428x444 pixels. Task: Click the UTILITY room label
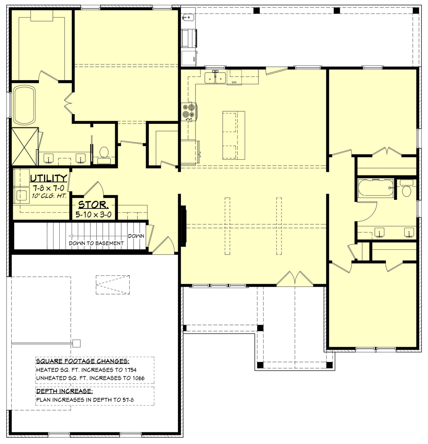[x=49, y=178]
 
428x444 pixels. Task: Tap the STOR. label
[x=93, y=205]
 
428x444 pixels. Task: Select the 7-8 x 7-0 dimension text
[x=49, y=188]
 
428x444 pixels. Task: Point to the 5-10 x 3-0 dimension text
[x=93, y=214]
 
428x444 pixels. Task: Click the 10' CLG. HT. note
[x=49, y=196]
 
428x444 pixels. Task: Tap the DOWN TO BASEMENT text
[x=96, y=243]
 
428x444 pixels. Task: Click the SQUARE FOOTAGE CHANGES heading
[x=83, y=361]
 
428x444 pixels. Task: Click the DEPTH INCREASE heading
[x=64, y=391]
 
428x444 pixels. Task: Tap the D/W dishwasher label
[x=234, y=82]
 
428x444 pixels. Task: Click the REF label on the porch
[x=194, y=59]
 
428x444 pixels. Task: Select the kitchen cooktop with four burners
[x=189, y=111]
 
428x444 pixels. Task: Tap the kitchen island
[x=233, y=135]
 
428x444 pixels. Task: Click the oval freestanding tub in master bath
[x=24, y=105]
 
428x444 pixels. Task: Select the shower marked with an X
[x=25, y=146]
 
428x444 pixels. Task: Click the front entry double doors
[x=295, y=279]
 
